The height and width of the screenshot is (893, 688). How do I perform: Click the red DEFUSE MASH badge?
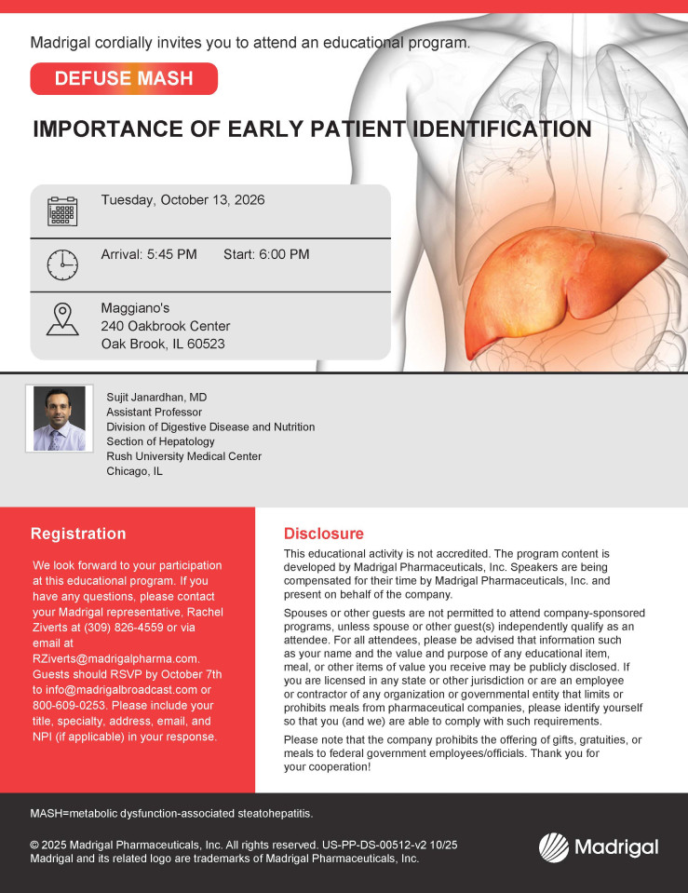pos(124,78)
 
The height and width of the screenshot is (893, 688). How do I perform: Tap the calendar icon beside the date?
pos(62,211)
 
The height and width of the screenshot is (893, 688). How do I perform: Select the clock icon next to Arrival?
pos(62,264)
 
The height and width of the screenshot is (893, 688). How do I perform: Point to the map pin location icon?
pos(62,318)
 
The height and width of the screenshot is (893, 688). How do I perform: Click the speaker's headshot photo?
pos(60,419)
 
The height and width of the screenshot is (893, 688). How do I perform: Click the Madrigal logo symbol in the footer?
pos(554,847)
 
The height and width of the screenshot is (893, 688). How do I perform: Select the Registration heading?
pos(78,534)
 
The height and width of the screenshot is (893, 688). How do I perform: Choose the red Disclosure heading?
pos(323,534)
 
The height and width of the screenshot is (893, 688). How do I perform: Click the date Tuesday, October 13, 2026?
pos(182,200)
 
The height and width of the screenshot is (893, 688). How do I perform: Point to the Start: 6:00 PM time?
pos(266,254)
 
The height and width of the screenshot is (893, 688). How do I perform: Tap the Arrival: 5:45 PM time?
pos(149,254)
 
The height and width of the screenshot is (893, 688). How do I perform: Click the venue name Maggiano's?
pos(136,308)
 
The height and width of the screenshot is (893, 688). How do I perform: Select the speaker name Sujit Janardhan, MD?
pos(156,398)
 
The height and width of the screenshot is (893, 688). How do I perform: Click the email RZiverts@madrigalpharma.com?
pos(115,659)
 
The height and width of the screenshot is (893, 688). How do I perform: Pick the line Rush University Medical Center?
pos(184,456)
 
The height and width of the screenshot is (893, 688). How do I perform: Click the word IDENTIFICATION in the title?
pos(502,129)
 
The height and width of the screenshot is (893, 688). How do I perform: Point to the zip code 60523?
pos(206,344)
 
